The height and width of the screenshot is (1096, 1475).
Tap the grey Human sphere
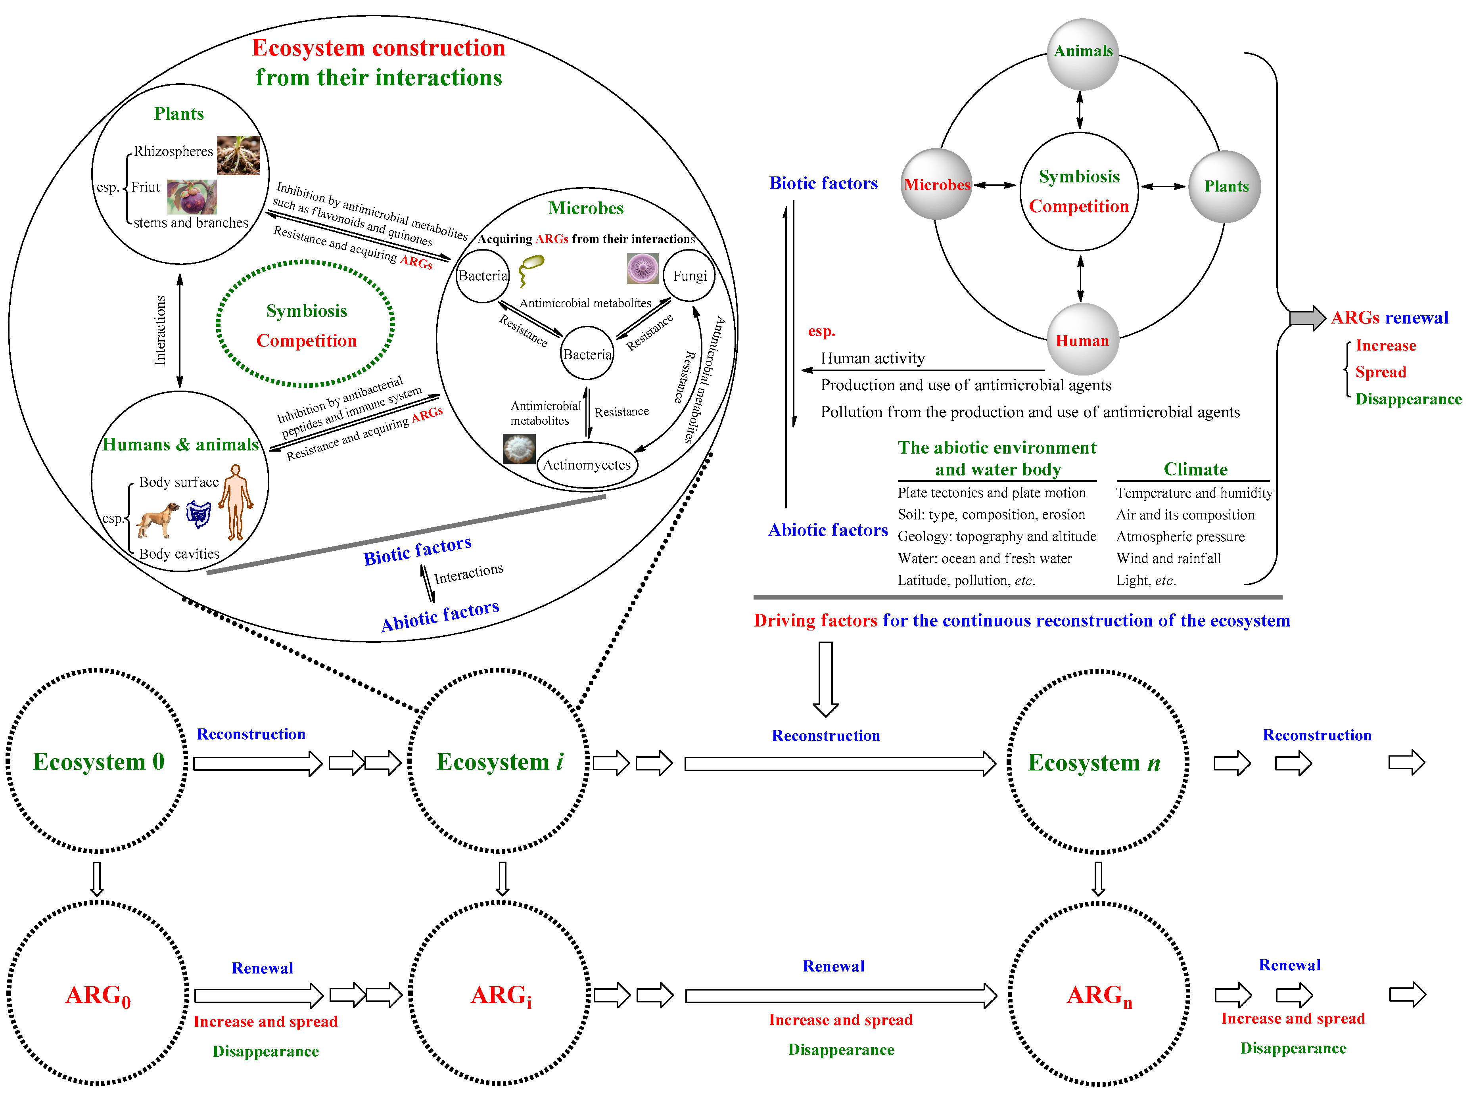coord(1082,339)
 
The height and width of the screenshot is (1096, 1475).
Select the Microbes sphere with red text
coord(936,184)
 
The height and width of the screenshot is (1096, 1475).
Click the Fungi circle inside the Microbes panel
coord(689,275)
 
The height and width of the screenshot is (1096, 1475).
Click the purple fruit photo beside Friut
coord(191,196)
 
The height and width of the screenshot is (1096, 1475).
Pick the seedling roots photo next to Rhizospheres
coord(238,155)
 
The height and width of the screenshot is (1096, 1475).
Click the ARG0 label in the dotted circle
coord(98,995)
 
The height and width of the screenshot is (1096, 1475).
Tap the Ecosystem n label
coord(1093,762)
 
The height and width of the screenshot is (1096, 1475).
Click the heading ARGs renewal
coord(1389,318)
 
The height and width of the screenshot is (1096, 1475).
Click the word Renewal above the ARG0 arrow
coord(262,968)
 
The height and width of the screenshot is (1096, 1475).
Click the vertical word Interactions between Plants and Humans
coord(160,330)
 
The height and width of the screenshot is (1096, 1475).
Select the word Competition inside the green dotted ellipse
coord(307,340)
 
